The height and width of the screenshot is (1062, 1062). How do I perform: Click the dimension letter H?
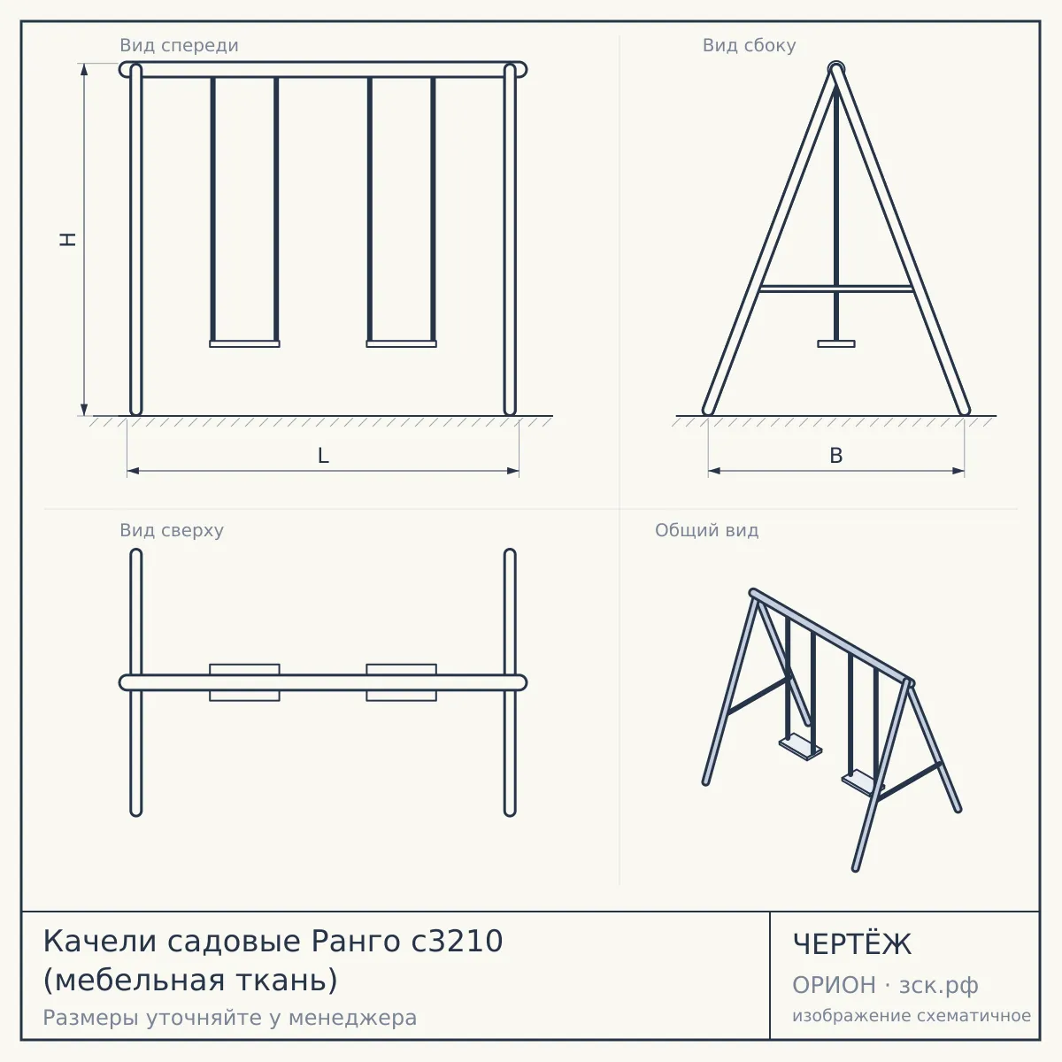(68, 239)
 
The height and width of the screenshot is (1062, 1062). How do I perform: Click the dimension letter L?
(323, 456)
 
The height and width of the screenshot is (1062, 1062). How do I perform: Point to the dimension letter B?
(836, 456)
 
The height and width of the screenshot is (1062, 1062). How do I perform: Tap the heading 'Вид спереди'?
(179, 45)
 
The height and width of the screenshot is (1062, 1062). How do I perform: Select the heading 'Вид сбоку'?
(749, 45)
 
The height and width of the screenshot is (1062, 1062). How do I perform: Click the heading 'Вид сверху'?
(172, 530)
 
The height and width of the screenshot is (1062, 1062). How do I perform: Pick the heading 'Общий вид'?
(706, 530)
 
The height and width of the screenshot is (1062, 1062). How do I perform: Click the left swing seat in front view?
(244, 344)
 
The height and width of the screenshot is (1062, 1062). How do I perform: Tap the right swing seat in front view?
(401, 344)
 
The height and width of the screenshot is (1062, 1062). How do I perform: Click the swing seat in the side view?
(836, 344)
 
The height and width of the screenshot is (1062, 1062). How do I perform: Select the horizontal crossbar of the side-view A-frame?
(836, 289)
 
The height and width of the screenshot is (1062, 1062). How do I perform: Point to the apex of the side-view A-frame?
(836, 67)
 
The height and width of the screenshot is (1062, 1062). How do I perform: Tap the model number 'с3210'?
(457, 942)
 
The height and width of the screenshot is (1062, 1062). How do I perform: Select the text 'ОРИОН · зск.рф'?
(885, 985)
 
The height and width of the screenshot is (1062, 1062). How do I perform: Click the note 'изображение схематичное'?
(912, 1015)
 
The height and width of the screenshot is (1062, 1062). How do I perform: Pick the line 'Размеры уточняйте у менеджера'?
(230, 1018)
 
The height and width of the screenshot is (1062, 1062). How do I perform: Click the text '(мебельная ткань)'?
(190, 980)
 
